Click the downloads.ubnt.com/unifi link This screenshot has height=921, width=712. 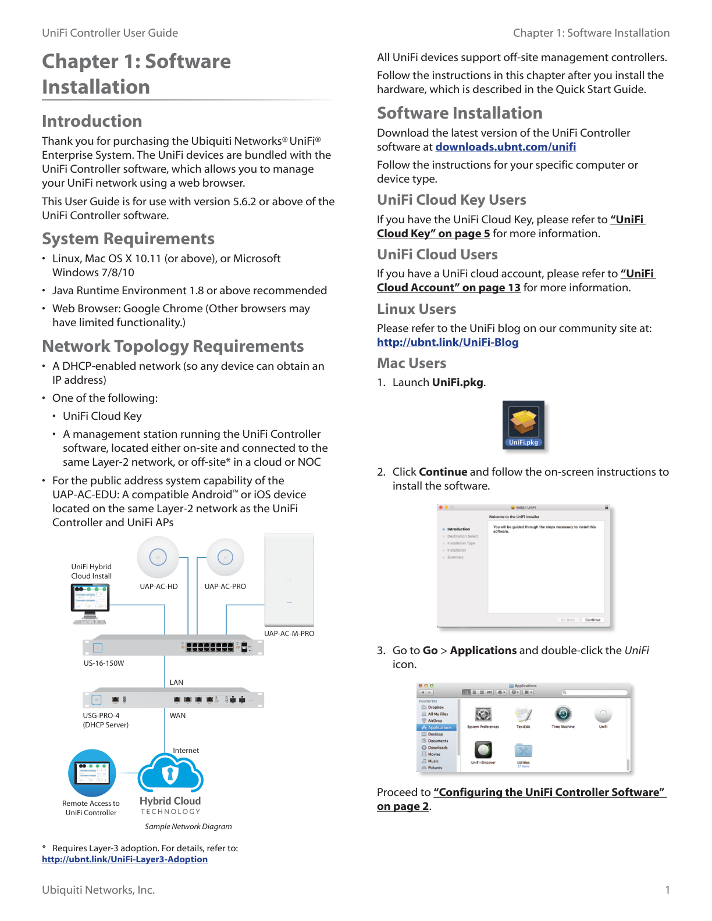(505, 147)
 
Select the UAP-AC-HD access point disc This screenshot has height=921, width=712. (158, 557)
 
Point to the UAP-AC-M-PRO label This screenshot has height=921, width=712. (289, 633)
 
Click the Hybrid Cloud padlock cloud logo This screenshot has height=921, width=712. (170, 773)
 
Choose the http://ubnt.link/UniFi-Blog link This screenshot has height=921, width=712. (447, 342)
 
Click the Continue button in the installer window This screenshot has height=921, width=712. (592, 620)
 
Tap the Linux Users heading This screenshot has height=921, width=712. (416, 309)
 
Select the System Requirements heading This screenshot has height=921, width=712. (128, 239)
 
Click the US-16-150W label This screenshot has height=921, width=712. (104, 663)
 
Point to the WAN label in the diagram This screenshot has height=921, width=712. (177, 715)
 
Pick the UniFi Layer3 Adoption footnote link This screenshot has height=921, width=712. (124, 859)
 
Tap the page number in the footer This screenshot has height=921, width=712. (667, 890)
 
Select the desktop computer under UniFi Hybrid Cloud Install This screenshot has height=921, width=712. (90, 604)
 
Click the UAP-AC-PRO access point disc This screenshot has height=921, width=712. (225, 557)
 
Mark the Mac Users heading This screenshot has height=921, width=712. (412, 363)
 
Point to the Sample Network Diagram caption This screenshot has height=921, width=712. (188, 826)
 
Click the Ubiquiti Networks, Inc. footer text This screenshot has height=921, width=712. (98, 890)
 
